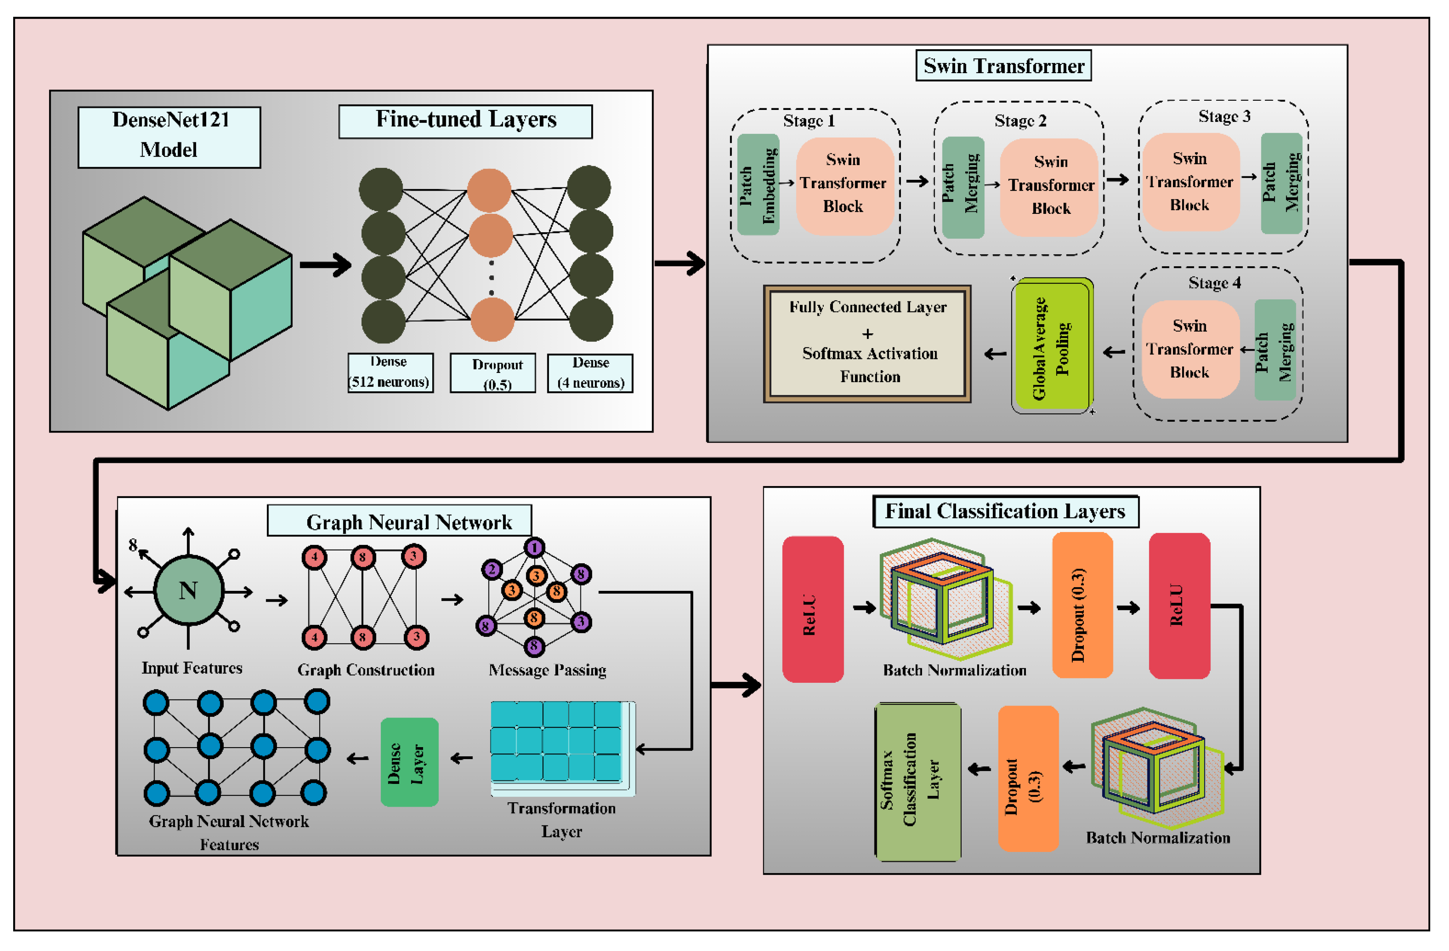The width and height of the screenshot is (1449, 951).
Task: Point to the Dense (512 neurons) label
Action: [x=390, y=372]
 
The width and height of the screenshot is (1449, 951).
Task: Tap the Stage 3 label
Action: [x=1224, y=116]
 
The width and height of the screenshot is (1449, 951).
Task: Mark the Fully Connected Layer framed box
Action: [x=867, y=344]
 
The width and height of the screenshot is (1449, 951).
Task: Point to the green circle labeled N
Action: [x=189, y=589]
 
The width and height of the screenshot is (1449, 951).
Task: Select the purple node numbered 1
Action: [x=534, y=547]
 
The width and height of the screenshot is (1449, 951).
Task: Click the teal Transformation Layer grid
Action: [x=557, y=742]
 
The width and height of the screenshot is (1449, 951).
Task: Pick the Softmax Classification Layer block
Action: [x=918, y=782]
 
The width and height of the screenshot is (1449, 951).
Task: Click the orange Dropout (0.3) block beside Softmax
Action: [x=1028, y=778]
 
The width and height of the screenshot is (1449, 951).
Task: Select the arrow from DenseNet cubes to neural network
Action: [x=326, y=264]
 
